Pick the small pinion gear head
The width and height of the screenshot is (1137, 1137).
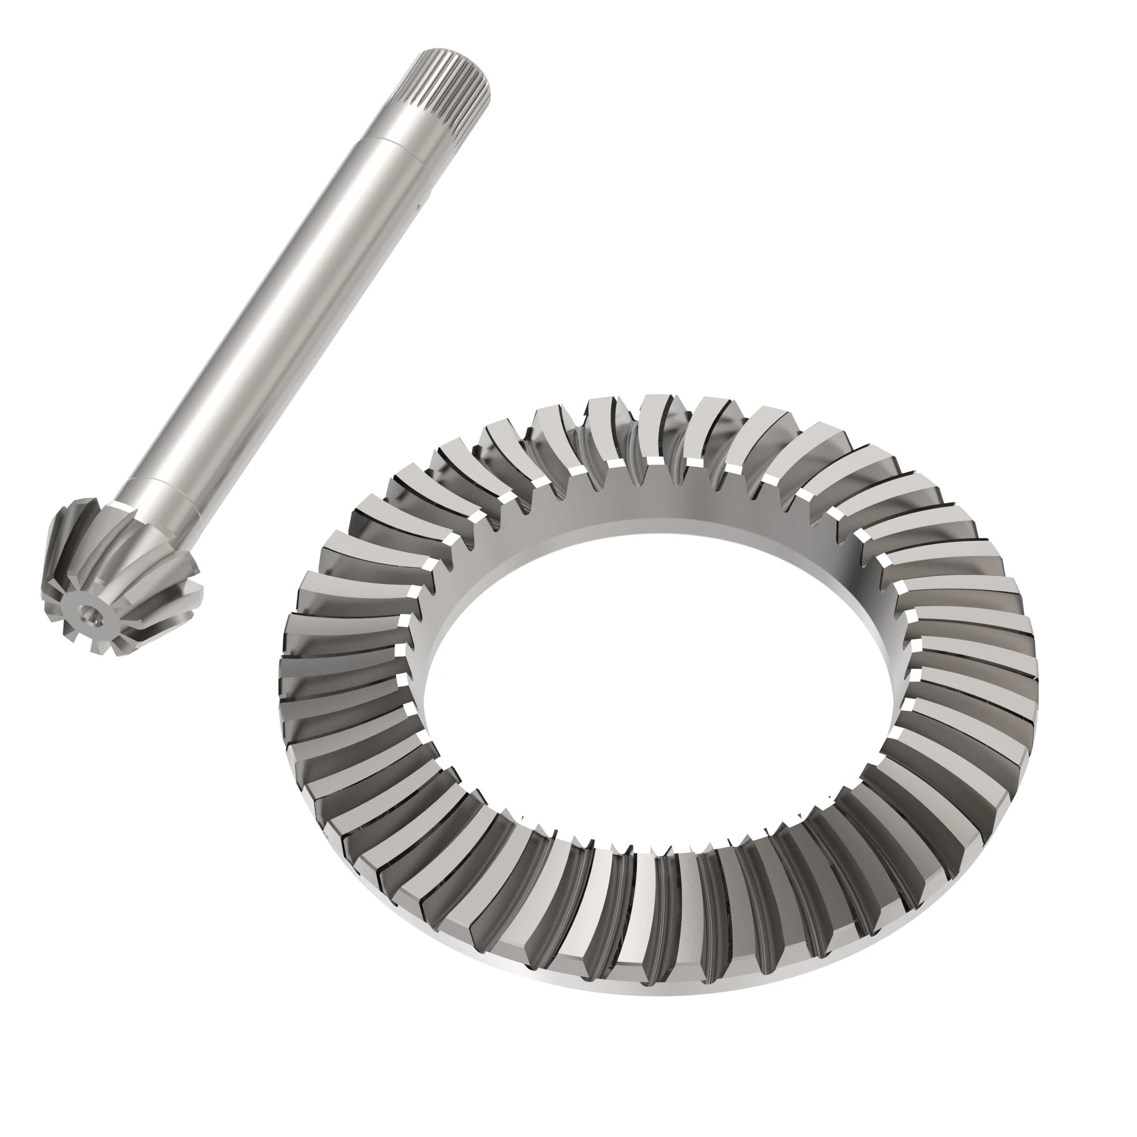[118, 576]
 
